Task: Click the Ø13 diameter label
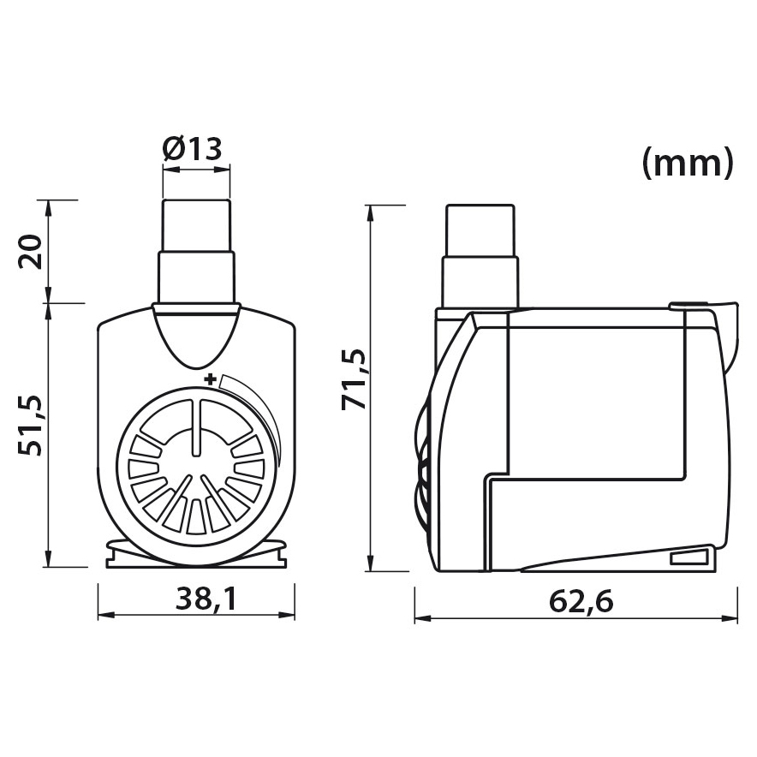(x=193, y=149)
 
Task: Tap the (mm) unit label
(x=688, y=164)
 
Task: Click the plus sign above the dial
(x=209, y=378)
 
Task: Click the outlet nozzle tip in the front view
(x=196, y=224)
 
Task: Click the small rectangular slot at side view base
(x=689, y=558)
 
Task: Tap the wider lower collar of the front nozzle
(x=196, y=277)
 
